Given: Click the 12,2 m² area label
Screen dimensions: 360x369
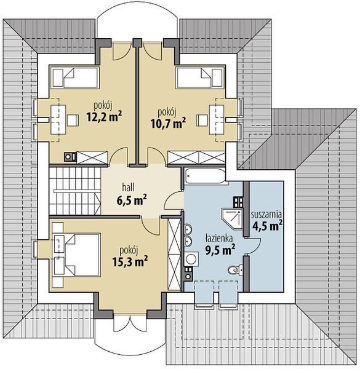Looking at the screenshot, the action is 104,116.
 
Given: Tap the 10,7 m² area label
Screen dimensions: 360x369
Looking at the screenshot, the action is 168,123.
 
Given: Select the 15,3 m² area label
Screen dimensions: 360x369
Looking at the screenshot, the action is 130,261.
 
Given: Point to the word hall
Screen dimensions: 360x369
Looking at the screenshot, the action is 129,188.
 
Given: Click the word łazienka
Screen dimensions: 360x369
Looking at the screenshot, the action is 219,238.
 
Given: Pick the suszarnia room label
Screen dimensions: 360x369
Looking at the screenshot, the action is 266,214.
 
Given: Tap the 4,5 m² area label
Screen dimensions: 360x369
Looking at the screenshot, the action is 267,226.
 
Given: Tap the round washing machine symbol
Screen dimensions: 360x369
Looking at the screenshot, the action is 191,259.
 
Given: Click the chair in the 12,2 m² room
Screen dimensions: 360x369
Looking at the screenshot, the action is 73,120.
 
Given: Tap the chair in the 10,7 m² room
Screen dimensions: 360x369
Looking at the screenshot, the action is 202,120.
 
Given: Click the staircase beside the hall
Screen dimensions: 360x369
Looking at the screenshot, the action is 75,191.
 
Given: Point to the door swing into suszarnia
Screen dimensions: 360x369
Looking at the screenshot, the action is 254,246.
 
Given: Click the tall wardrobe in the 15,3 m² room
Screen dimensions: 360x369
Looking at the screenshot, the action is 175,254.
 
